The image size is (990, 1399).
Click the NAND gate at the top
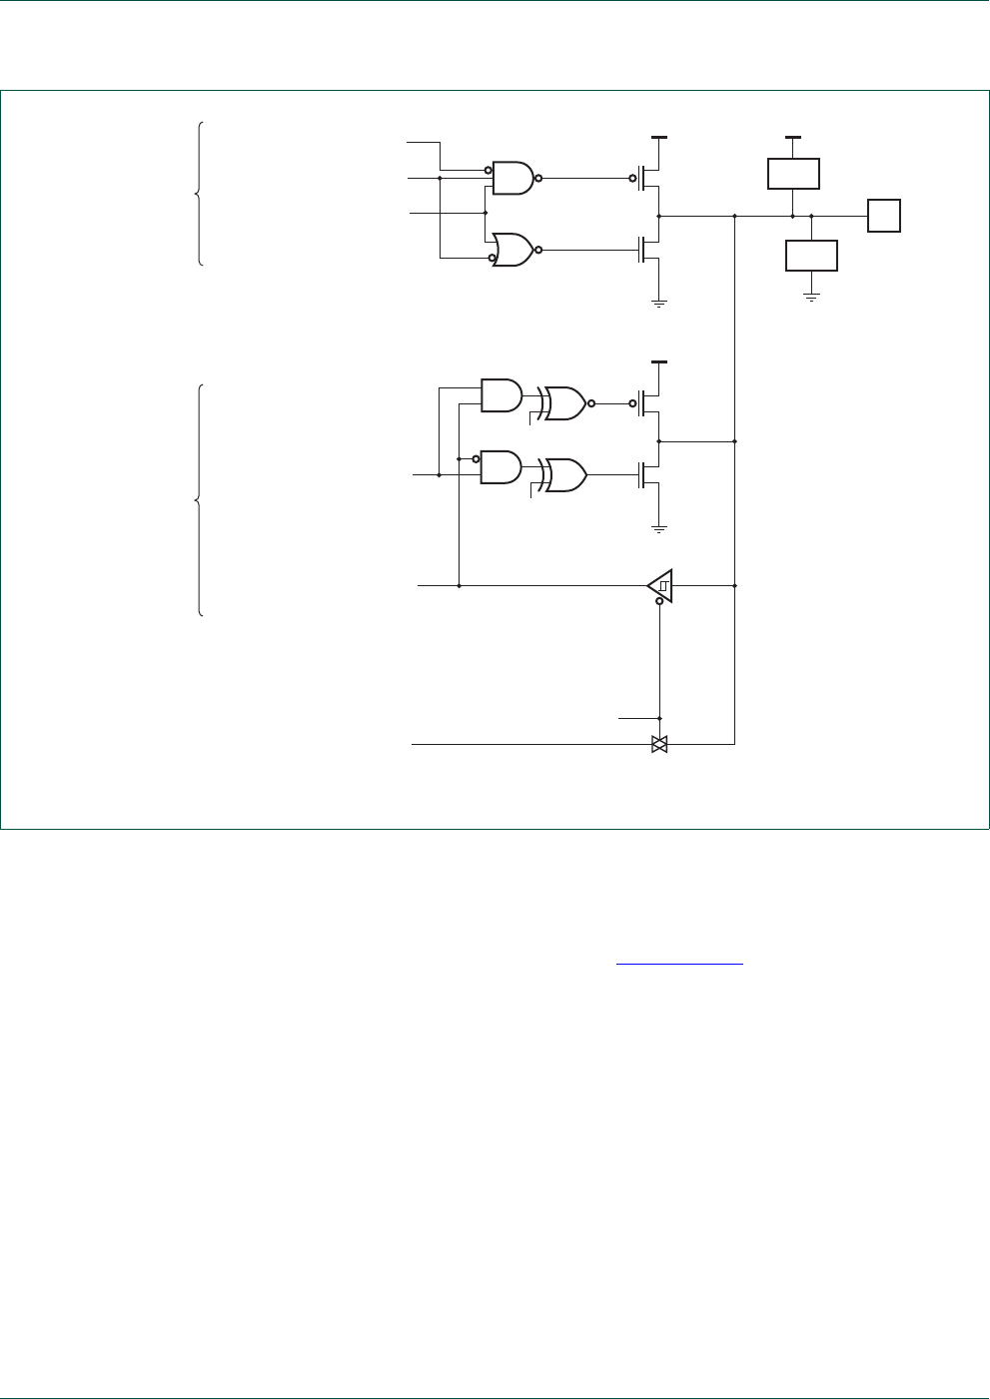513,178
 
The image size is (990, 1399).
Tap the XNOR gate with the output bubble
565,403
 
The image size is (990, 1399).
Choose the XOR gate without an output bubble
565,475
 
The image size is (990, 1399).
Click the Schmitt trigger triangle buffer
660,585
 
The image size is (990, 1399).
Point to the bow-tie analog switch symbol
659,744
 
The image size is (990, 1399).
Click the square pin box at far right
884,216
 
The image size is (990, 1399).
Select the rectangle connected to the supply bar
793,173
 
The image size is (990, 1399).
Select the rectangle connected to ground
811,256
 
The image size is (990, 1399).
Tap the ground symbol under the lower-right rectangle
811,296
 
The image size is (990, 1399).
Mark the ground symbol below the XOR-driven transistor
659,526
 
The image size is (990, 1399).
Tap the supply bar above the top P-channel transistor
659,136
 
